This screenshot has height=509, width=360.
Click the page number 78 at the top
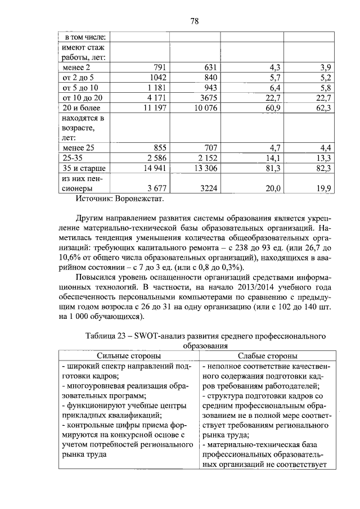[195, 21]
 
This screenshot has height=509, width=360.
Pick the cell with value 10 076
[202, 108]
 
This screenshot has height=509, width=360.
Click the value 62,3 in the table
[323, 108]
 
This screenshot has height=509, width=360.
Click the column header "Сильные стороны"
[128, 356]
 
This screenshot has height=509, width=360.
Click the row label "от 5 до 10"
[80, 88]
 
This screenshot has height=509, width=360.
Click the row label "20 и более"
[82, 108]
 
